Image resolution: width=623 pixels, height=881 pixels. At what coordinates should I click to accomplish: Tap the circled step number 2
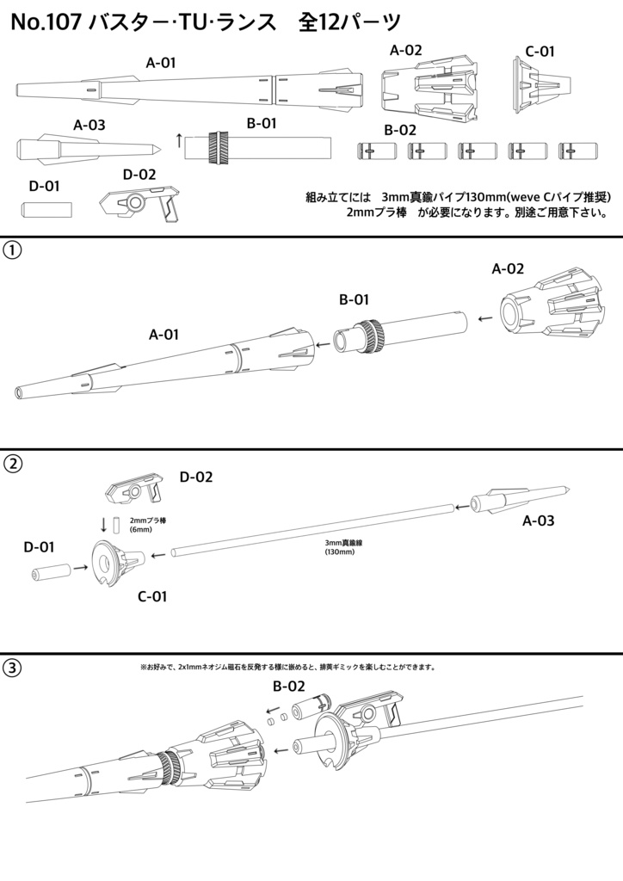[x=13, y=464]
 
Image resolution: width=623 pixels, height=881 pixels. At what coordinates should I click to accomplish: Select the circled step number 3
[x=13, y=668]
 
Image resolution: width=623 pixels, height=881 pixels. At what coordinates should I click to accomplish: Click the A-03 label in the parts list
[x=89, y=125]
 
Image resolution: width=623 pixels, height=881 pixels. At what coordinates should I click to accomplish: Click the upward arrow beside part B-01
[x=178, y=140]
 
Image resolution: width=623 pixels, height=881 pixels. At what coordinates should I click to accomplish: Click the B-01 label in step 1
[x=355, y=300]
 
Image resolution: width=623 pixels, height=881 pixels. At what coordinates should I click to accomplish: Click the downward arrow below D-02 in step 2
[x=105, y=524]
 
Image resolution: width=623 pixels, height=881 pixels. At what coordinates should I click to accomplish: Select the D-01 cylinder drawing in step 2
[x=51, y=573]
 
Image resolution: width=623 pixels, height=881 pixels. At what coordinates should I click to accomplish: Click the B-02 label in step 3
[x=290, y=687]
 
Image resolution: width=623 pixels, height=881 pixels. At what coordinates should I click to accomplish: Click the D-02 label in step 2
[x=196, y=476]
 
